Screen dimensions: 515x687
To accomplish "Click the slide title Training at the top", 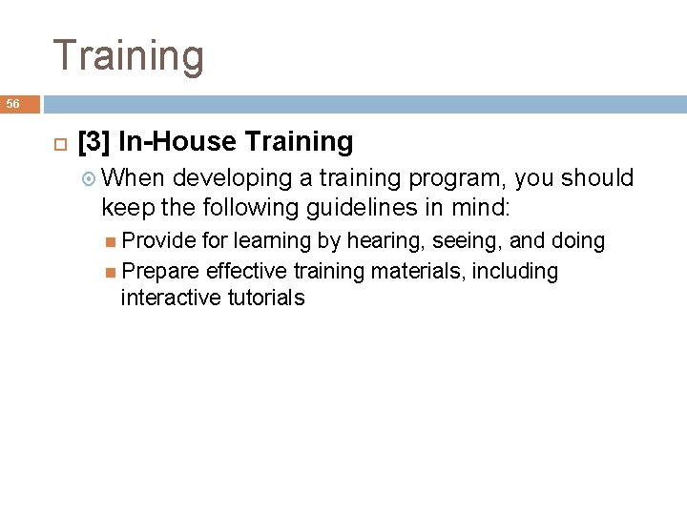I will click(x=128, y=55).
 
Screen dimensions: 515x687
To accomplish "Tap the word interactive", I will click(x=168, y=298).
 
